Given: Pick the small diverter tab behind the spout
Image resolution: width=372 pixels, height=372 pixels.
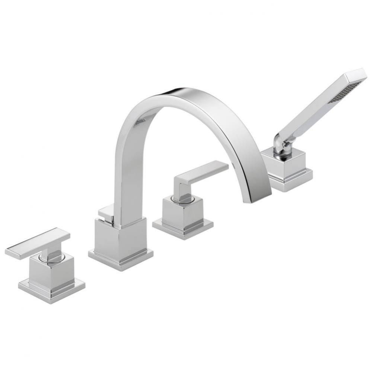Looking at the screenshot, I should tap(105, 212).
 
